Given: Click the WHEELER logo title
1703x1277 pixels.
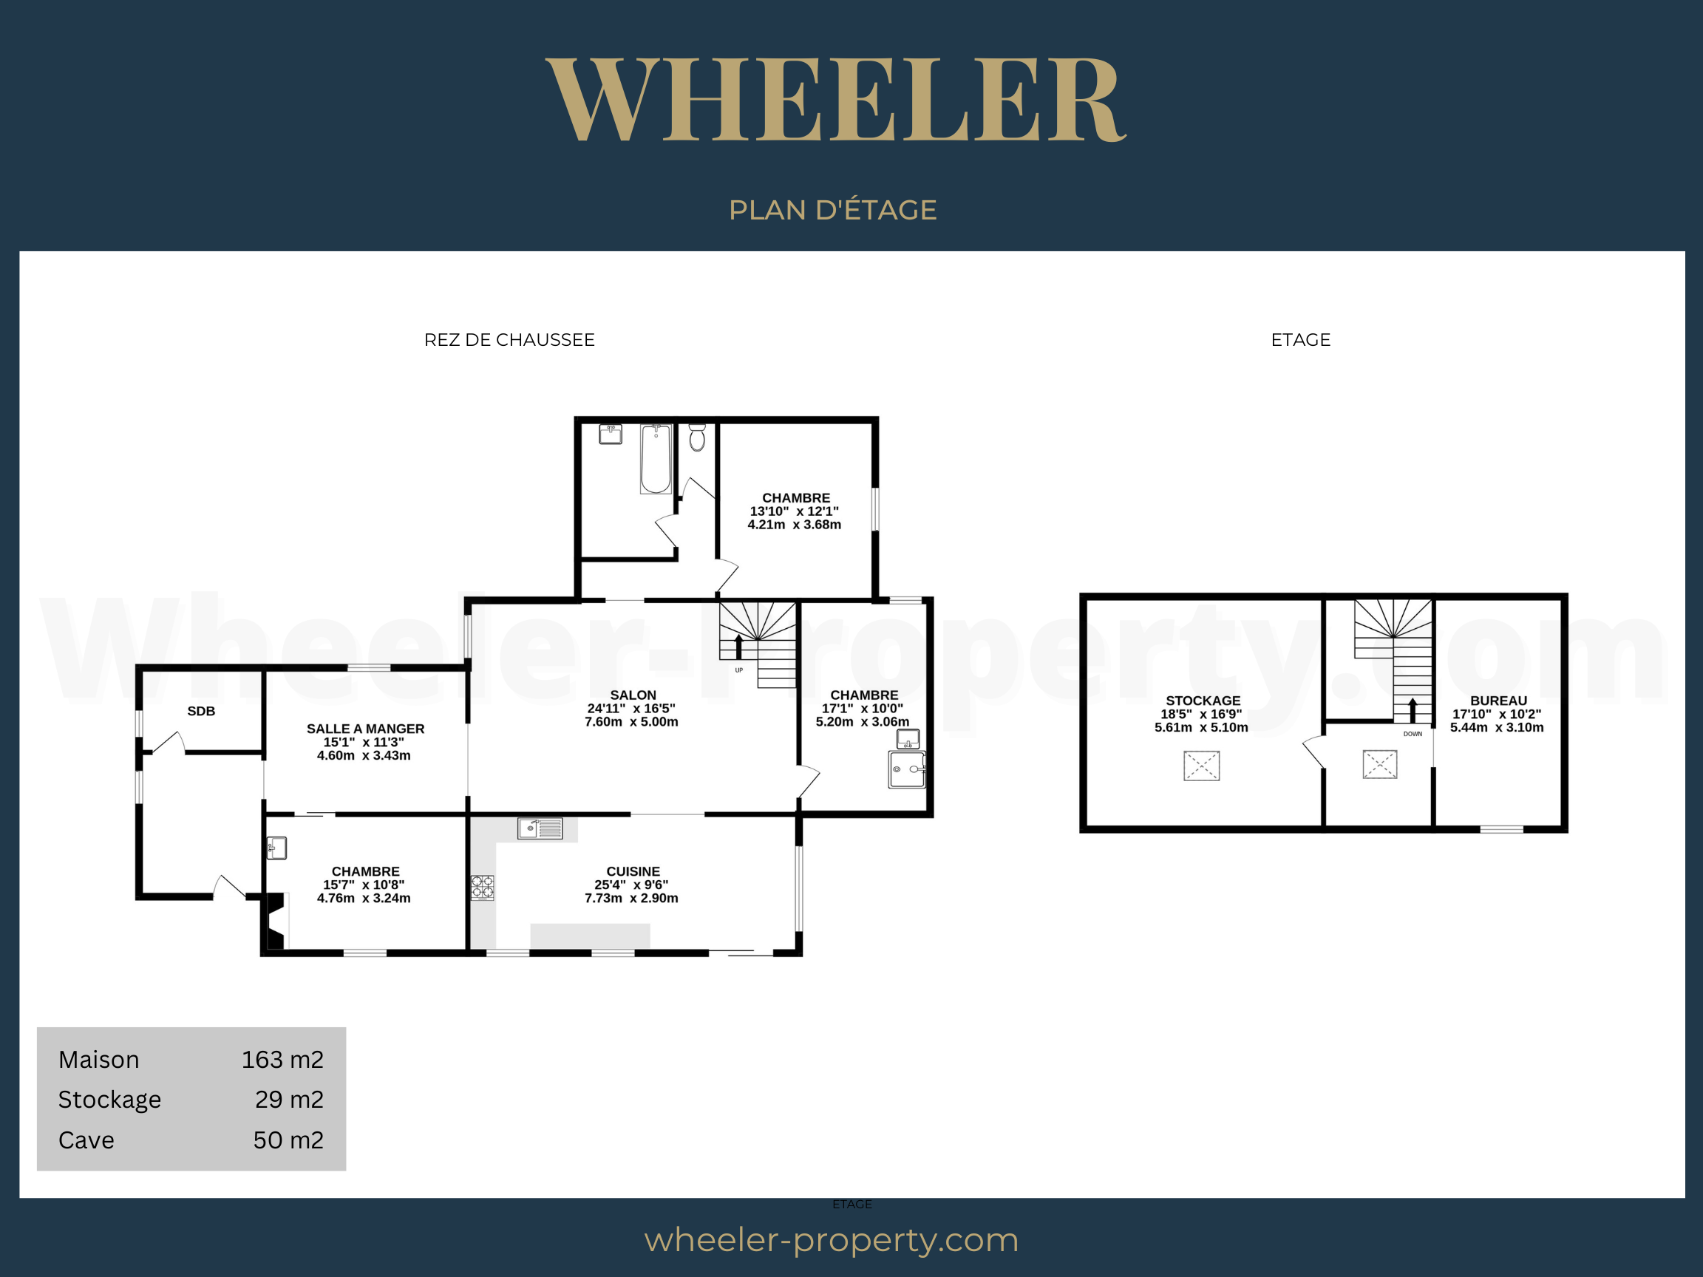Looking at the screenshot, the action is pyautogui.click(x=836, y=100).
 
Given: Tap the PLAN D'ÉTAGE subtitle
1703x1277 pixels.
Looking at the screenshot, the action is pyautogui.click(x=833, y=209).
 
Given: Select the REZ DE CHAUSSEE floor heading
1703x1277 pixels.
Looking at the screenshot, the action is pyautogui.click(x=509, y=339).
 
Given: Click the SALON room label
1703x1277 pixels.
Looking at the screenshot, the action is pyautogui.click(x=633, y=695).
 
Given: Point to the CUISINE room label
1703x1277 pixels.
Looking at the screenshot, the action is pyautogui.click(x=633, y=871).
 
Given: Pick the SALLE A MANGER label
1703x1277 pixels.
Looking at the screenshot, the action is pyautogui.click(x=366, y=729).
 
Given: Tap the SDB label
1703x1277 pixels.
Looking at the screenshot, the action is pyautogui.click(x=201, y=711).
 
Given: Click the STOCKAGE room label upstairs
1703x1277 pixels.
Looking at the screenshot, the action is pyautogui.click(x=1203, y=701).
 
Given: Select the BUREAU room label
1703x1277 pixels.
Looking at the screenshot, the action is pyautogui.click(x=1498, y=701).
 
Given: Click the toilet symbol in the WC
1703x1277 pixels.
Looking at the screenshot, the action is pyautogui.click(x=698, y=437).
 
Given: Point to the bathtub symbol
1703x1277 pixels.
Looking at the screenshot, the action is pyautogui.click(x=656, y=459).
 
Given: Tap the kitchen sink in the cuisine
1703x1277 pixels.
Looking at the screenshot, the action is pyautogui.click(x=540, y=828).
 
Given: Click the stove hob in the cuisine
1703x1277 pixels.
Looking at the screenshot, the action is pyautogui.click(x=483, y=888).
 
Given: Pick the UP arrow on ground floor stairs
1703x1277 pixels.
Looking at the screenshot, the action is pyautogui.click(x=739, y=647).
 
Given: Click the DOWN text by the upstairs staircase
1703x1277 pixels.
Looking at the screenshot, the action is pyautogui.click(x=1413, y=734).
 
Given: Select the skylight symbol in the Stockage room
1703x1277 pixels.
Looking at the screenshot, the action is pyautogui.click(x=1202, y=766).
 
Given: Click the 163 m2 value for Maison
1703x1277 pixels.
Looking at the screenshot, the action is pyautogui.click(x=282, y=1059).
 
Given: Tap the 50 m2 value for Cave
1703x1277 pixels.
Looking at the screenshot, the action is pyautogui.click(x=289, y=1140).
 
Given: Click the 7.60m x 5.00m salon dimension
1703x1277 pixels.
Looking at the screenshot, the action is pyautogui.click(x=631, y=722).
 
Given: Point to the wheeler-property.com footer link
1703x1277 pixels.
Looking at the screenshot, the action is pyautogui.click(x=832, y=1240).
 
